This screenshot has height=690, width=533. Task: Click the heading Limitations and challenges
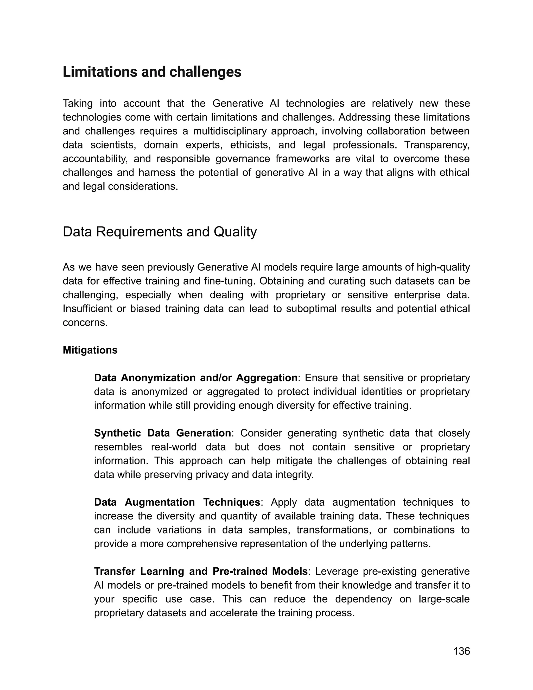152,72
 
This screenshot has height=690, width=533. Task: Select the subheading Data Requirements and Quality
160,232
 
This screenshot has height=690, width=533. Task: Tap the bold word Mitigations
90,350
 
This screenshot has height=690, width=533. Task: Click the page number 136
461,651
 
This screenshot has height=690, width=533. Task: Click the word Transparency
437,145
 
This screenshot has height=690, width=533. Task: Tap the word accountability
95,159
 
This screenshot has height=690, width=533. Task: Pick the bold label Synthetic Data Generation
162,433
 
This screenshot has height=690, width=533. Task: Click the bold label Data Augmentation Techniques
177,502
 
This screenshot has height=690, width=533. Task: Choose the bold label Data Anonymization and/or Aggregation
195,378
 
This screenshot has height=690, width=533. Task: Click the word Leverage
337,572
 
